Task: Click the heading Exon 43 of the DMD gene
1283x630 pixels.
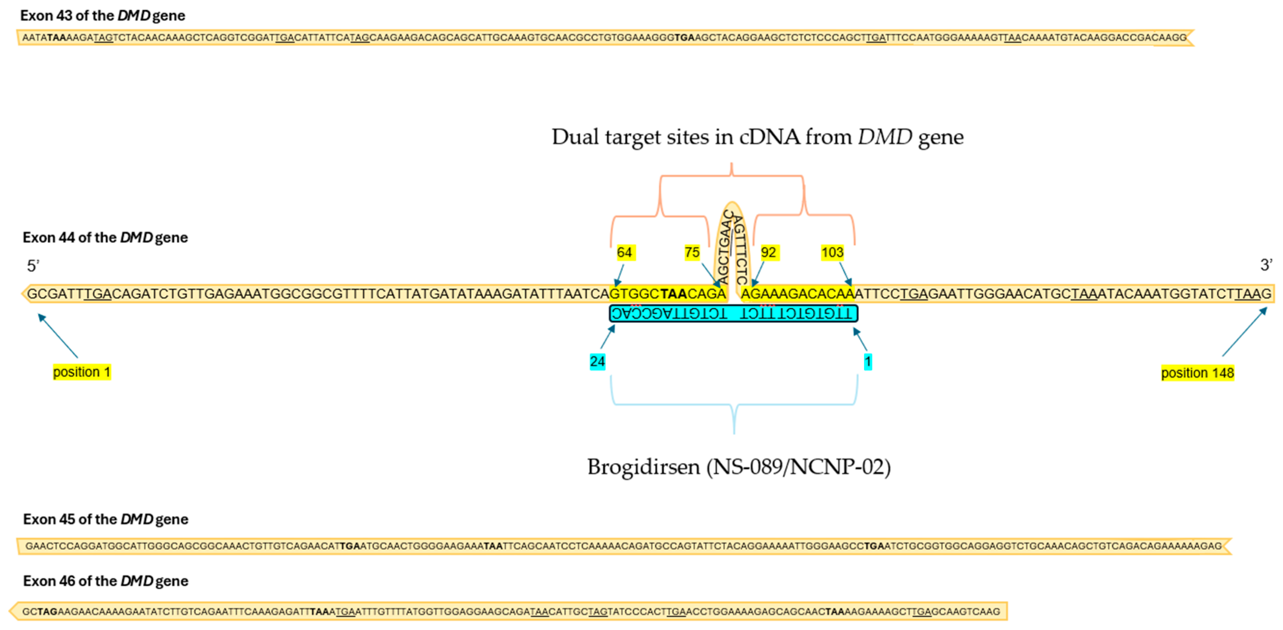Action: pyautogui.click(x=103, y=15)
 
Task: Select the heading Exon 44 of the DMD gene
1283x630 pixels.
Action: pyautogui.click(x=105, y=237)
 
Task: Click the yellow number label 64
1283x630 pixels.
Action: pyautogui.click(x=624, y=252)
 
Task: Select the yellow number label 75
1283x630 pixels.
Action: pyautogui.click(x=692, y=252)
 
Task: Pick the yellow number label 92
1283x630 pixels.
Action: pyautogui.click(x=768, y=252)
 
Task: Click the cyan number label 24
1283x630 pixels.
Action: pyautogui.click(x=597, y=361)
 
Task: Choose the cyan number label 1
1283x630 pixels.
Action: pyautogui.click(x=868, y=361)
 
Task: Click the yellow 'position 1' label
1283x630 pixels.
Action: pyautogui.click(x=82, y=372)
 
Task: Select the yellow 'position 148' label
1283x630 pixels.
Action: pyautogui.click(x=1197, y=373)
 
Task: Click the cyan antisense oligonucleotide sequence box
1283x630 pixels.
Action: pyautogui.click(x=733, y=313)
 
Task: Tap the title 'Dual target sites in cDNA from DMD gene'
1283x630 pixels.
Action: pyautogui.click(x=757, y=137)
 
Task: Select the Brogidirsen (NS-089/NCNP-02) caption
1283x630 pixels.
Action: pyautogui.click(x=739, y=467)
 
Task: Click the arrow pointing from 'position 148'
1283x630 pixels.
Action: pyautogui.click(x=1244, y=332)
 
